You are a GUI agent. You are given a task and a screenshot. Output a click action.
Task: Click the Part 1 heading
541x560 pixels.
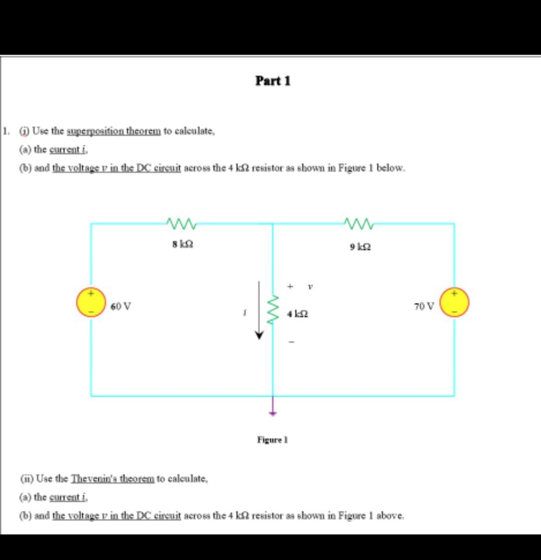pos(273,81)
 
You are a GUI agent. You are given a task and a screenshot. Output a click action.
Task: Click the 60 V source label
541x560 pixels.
pos(121,306)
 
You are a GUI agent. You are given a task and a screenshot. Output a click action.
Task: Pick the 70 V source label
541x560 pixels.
pos(425,305)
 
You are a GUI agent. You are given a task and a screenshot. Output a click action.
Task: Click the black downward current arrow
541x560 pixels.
pos(259,311)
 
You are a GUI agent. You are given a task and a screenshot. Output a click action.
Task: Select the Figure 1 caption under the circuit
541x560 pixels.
pos(272,440)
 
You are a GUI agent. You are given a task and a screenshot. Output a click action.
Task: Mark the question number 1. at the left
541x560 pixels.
pos(5,131)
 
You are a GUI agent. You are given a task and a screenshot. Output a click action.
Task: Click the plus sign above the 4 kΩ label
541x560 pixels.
pos(290,286)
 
